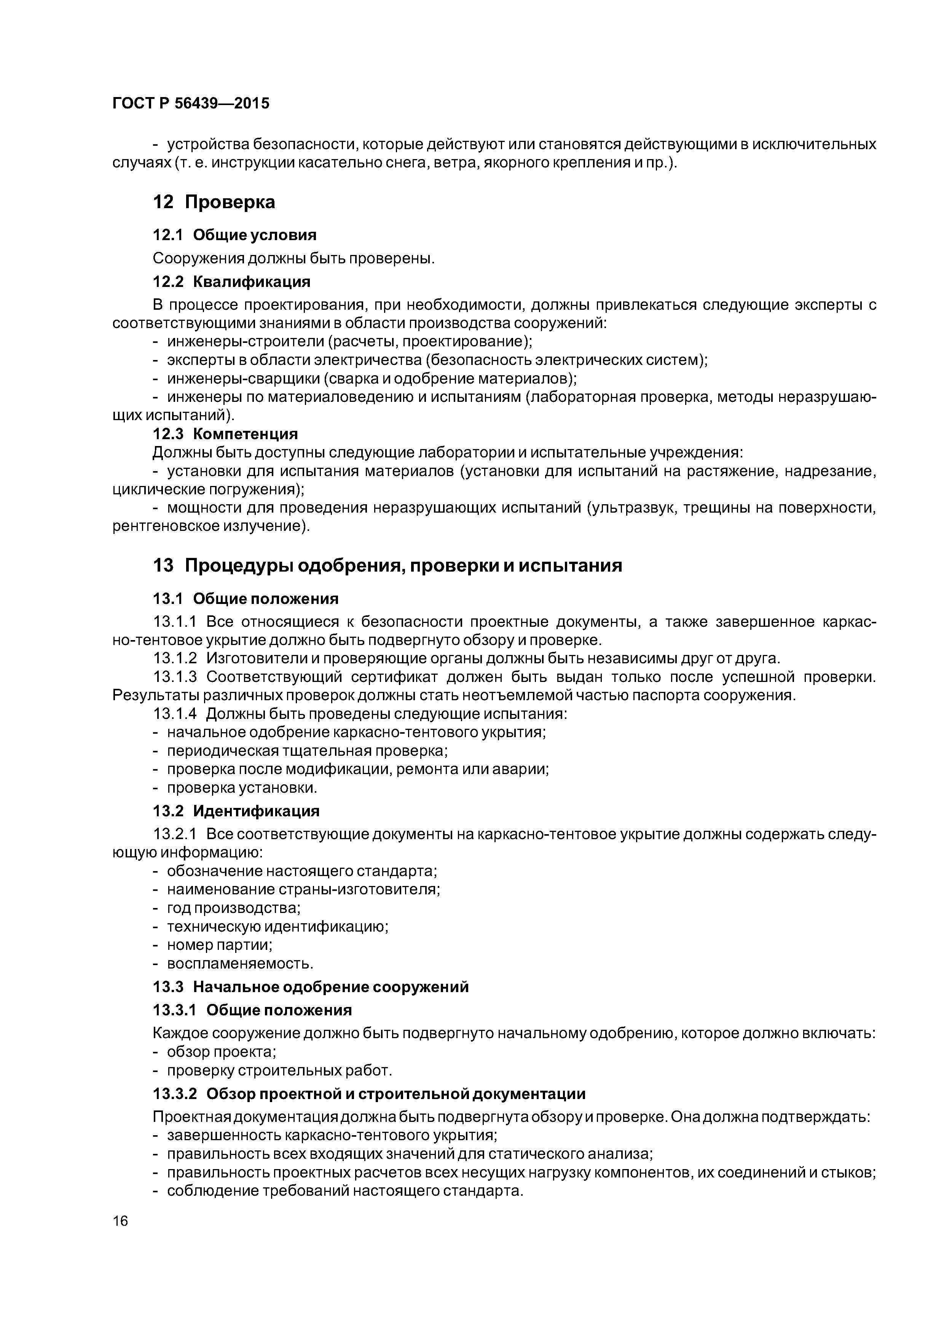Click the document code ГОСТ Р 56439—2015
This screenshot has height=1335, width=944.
pos(191,104)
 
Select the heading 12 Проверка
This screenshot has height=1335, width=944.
pos(214,202)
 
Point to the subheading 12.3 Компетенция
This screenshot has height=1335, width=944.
pos(225,434)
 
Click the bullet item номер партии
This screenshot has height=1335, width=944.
pos(219,945)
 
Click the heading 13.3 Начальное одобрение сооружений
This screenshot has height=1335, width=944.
pos(310,987)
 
